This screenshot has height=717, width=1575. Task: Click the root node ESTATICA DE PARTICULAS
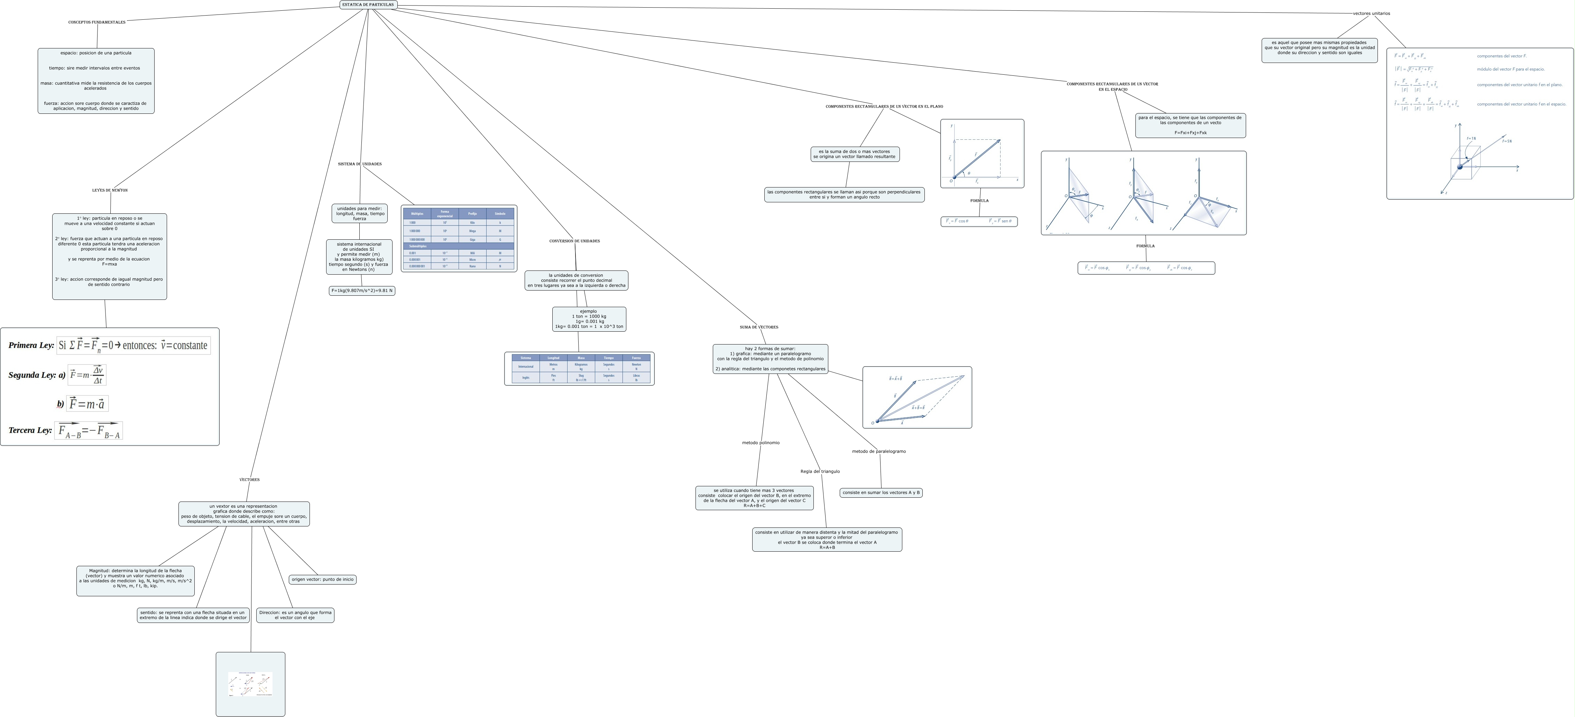pyautogui.click(x=368, y=5)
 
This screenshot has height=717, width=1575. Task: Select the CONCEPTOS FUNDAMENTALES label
pyautogui.click(x=96, y=22)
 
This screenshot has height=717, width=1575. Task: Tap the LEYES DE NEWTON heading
pyautogui.click(x=110, y=191)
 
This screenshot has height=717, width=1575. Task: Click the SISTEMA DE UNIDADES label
pyautogui.click(x=360, y=164)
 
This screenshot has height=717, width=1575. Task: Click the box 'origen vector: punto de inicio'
pyautogui.click(x=322, y=579)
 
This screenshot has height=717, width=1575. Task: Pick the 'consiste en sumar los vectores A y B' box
pyautogui.click(x=881, y=493)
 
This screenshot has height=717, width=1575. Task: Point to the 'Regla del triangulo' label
pyautogui.click(x=820, y=472)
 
